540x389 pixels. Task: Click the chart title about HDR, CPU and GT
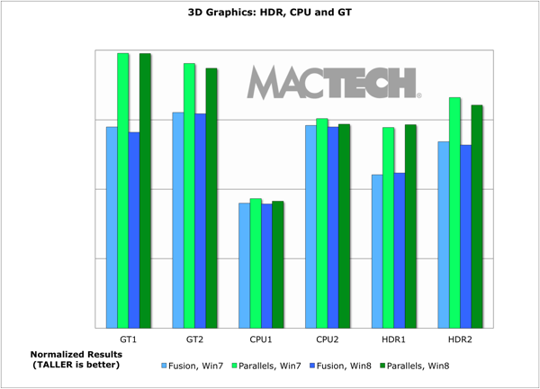click(x=270, y=14)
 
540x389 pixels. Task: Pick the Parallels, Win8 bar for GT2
click(x=211, y=198)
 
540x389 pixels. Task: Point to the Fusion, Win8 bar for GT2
click(x=201, y=221)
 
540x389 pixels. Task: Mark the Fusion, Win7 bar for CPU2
click(x=310, y=226)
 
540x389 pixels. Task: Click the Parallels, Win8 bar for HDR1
click(x=410, y=226)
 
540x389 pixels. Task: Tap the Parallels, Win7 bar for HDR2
click(x=454, y=213)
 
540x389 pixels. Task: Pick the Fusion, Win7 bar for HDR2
click(x=444, y=234)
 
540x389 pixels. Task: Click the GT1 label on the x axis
click(x=129, y=339)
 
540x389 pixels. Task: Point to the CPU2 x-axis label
click(x=328, y=339)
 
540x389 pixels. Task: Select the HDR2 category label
click(x=460, y=339)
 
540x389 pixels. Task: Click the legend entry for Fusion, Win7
click(x=192, y=366)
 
